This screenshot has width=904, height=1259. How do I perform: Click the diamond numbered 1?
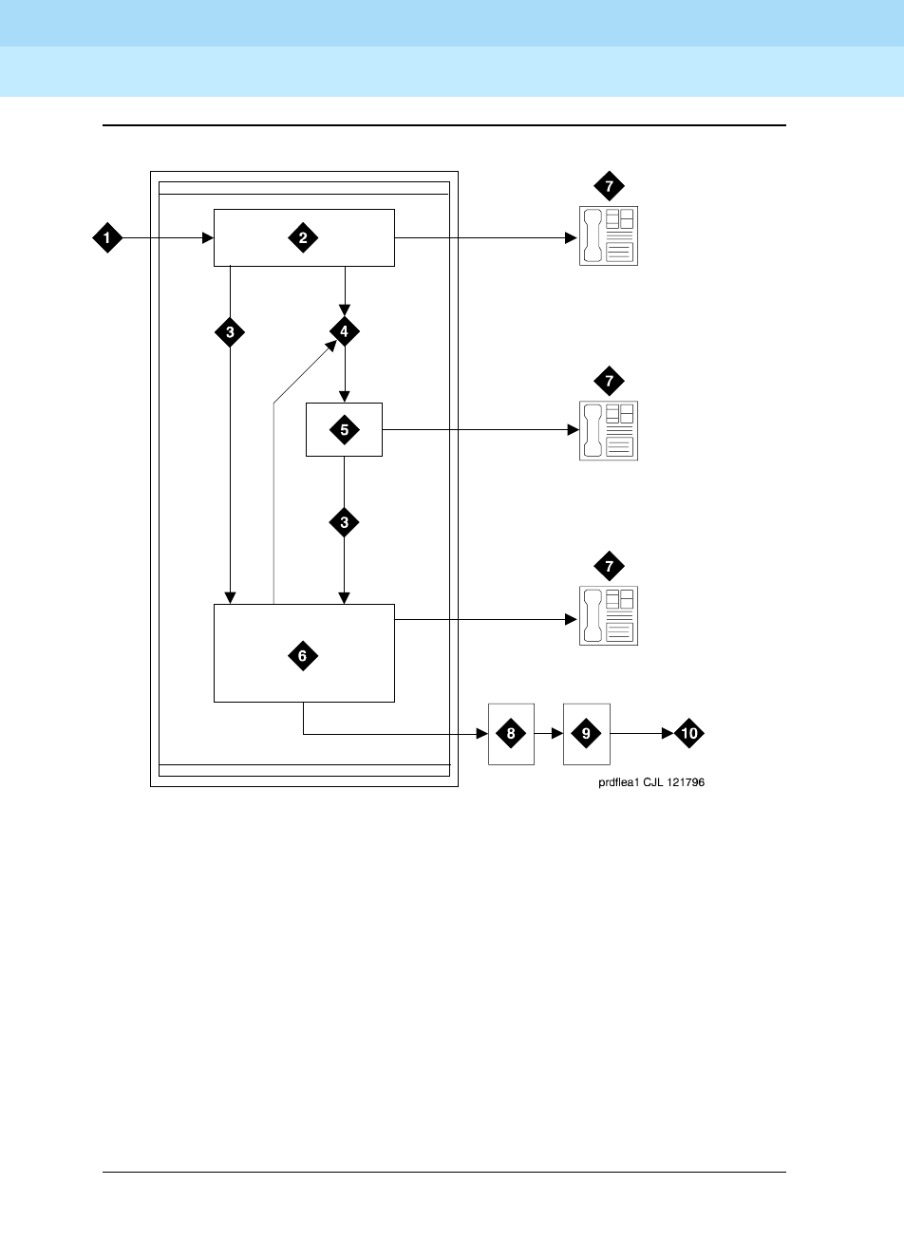(x=107, y=237)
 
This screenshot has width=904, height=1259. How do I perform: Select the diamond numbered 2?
(x=303, y=237)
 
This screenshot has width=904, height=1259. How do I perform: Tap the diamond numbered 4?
(x=345, y=330)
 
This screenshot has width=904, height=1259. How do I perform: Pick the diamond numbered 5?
(x=344, y=430)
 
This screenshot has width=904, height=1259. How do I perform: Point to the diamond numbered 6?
(x=303, y=655)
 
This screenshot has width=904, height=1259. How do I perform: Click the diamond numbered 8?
(x=511, y=734)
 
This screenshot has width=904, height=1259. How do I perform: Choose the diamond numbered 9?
(x=586, y=734)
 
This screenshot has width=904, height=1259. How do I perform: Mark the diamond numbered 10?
(x=690, y=734)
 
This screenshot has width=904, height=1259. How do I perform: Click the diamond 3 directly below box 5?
(x=344, y=522)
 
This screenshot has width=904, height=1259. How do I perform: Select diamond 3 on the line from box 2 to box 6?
(x=230, y=332)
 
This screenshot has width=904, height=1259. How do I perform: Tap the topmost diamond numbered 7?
(x=609, y=187)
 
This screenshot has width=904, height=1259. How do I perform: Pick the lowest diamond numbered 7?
(x=609, y=568)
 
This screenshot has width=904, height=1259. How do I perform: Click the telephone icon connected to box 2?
(x=609, y=235)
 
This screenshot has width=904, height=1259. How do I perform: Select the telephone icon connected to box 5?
(x=609, y=430)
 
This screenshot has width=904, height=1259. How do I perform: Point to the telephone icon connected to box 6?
(x=609, y=616)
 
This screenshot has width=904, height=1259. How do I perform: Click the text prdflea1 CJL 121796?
(x=650, y=783)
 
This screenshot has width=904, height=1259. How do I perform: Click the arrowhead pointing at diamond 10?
(x=668, y=734)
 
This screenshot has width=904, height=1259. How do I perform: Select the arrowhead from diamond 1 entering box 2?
(x=206, y=237)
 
